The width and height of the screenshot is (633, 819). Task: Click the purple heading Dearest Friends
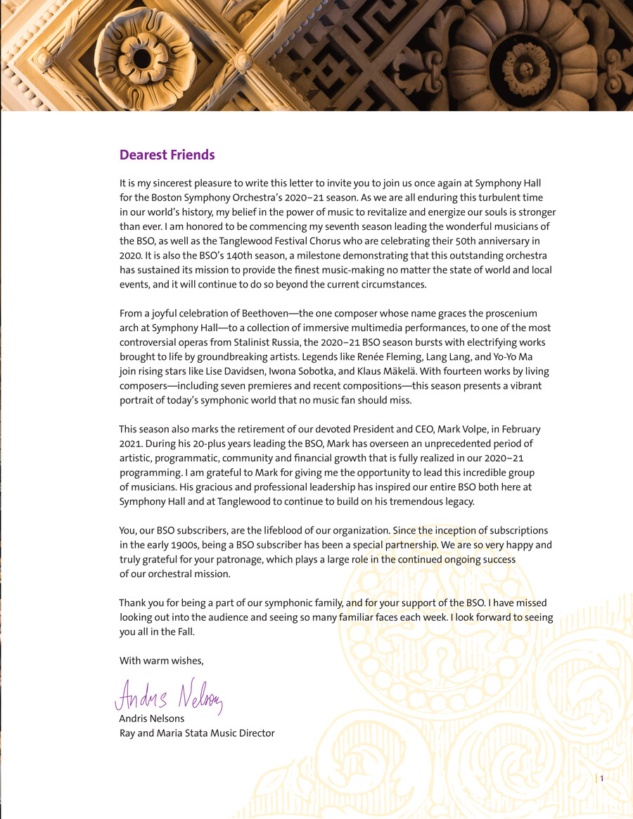tap(167, 155)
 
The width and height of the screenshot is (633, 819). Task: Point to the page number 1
tap(602, 778)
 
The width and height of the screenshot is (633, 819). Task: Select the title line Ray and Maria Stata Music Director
tap(197, 733)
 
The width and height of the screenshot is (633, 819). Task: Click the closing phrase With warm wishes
tap(161, 660)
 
